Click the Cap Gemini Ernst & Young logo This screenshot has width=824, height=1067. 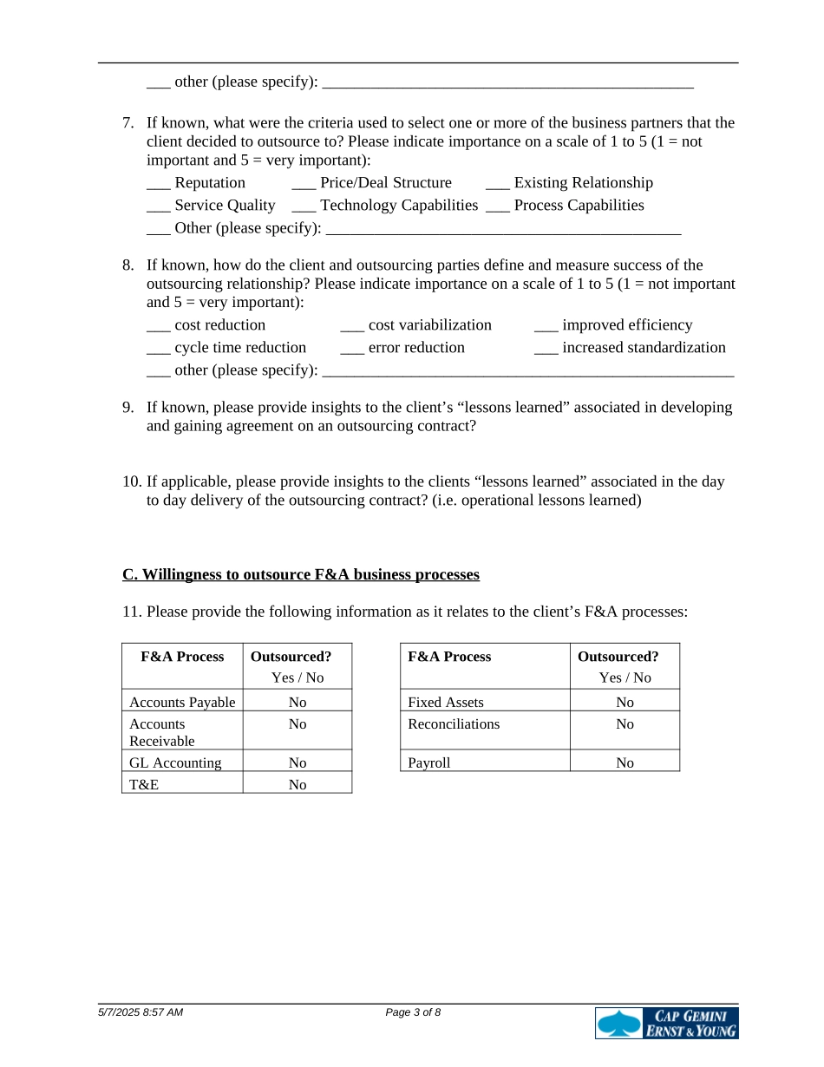coord(666,1023)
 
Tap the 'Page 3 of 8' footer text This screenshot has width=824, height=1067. coord(413,1012)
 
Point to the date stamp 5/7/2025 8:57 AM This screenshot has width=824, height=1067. coord(141,1012)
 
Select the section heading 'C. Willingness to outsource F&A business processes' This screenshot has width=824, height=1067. coord(301,575)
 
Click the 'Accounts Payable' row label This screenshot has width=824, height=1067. coord(182,702)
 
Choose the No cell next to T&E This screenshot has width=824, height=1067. coord(298,784)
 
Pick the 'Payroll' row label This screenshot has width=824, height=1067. coord(429,763)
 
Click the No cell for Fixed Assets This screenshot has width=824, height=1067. coord(625,702)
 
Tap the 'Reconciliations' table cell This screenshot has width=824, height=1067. coord(454,724)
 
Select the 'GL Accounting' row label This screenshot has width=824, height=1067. coord(175,763)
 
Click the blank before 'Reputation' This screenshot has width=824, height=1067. coord(158,185)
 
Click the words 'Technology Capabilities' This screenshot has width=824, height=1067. coord(399,206)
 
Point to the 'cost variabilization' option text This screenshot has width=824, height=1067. coord(429,325)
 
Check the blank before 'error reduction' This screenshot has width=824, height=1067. coord(351,350)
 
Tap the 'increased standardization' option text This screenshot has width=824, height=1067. coord(644,348)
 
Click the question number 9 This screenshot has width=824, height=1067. coord(128,408)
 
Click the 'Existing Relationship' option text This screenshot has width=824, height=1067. coord(583,183)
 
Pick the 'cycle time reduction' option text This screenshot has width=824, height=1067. coord(240,348)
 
